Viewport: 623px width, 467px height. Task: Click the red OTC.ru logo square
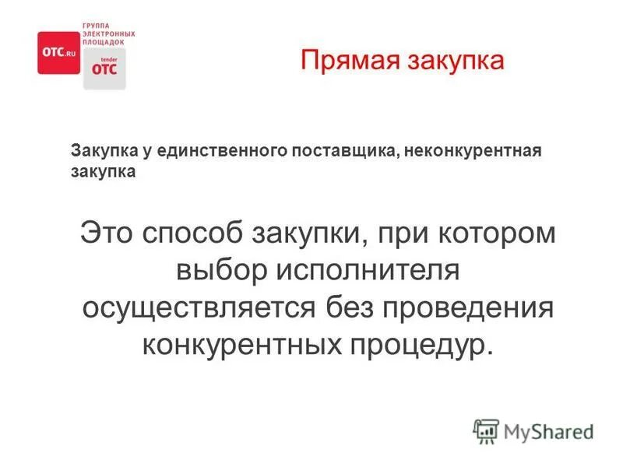click(58, 52)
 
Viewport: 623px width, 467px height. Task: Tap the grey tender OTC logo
click(104, 68)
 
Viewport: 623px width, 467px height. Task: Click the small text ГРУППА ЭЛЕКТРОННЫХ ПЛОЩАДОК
click(108, 34)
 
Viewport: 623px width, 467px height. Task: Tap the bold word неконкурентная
click(463, 151)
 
